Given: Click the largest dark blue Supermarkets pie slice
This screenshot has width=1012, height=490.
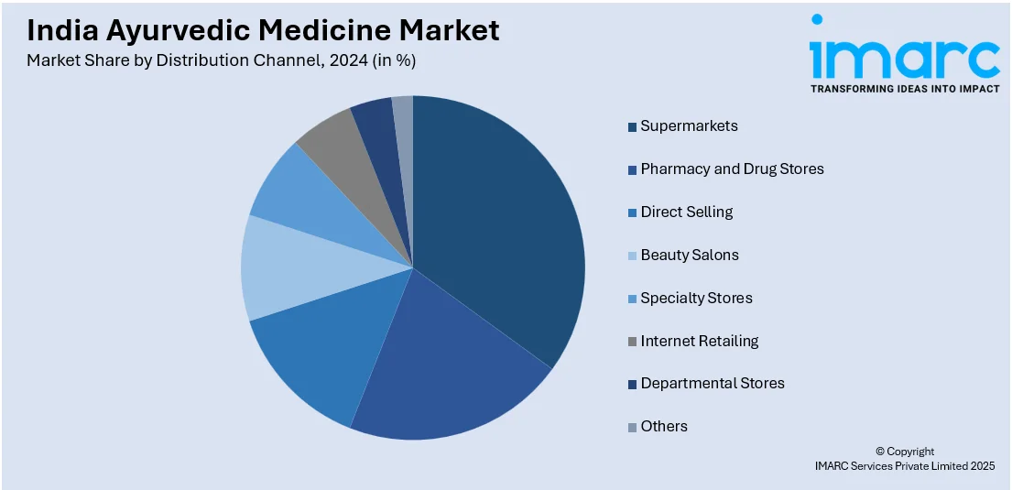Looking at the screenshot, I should point(495,229).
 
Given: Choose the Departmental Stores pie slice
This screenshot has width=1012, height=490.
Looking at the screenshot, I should point(377,133).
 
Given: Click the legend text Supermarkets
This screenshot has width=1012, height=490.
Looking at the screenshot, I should point(689,125).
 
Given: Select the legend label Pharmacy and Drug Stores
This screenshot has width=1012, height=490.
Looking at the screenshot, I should point(732,169).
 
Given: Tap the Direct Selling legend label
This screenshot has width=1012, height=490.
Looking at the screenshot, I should point(686,212).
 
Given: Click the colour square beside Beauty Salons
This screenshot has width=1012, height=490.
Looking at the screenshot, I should point(632,256).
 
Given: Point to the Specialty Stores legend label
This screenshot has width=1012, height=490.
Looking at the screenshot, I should point(696,298).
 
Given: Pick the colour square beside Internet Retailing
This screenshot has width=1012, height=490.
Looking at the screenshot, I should point(632,342).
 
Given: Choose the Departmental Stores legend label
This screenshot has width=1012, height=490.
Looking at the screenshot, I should point(712,384).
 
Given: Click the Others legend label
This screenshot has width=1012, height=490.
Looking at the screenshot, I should point(663,426).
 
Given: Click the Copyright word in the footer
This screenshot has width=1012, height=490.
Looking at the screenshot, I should point(909,452).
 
